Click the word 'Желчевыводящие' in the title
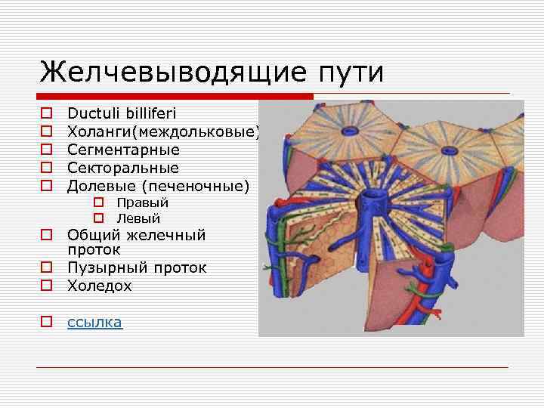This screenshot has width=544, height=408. pyautogui.click(x=169, y=73)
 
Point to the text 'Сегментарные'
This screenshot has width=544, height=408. pyautogui.click(x=123, y=150)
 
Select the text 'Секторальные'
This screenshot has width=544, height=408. pyautogui.click(x=123, y=167)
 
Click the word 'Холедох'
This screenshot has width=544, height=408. pyautogui.click(x=99, y=286)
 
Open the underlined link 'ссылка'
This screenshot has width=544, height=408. pyautogui.click(x=94, y=322)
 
